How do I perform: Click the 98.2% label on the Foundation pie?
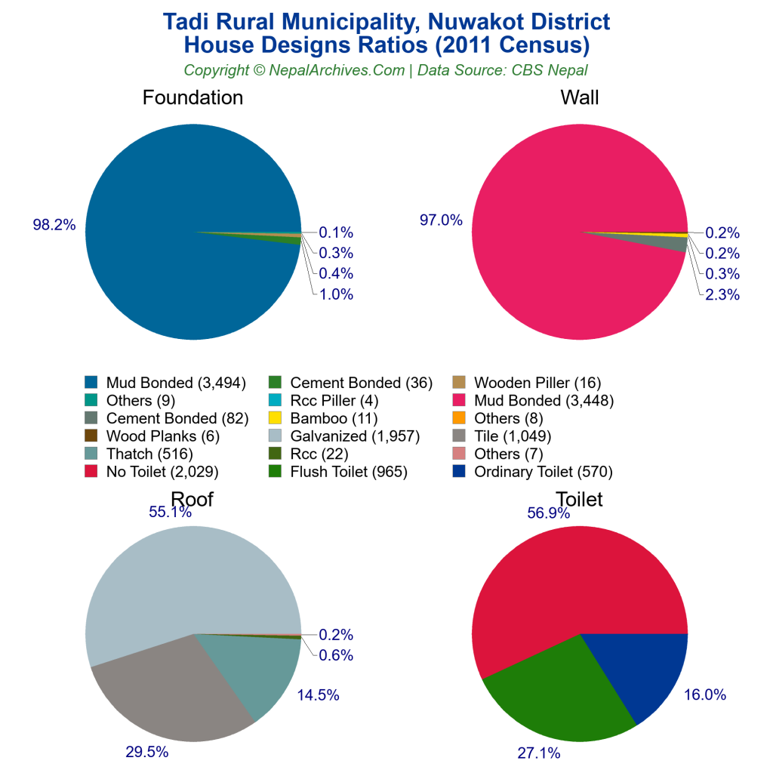54,225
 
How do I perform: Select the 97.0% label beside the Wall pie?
441,220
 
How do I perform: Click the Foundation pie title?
192,97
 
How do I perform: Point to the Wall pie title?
579,97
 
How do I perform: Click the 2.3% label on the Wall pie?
722,294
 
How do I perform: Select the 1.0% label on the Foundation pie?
335,294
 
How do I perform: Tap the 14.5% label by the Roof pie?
319,695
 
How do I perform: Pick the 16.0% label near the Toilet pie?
706,695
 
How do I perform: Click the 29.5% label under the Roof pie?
146,752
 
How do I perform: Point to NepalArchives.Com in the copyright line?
335,70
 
